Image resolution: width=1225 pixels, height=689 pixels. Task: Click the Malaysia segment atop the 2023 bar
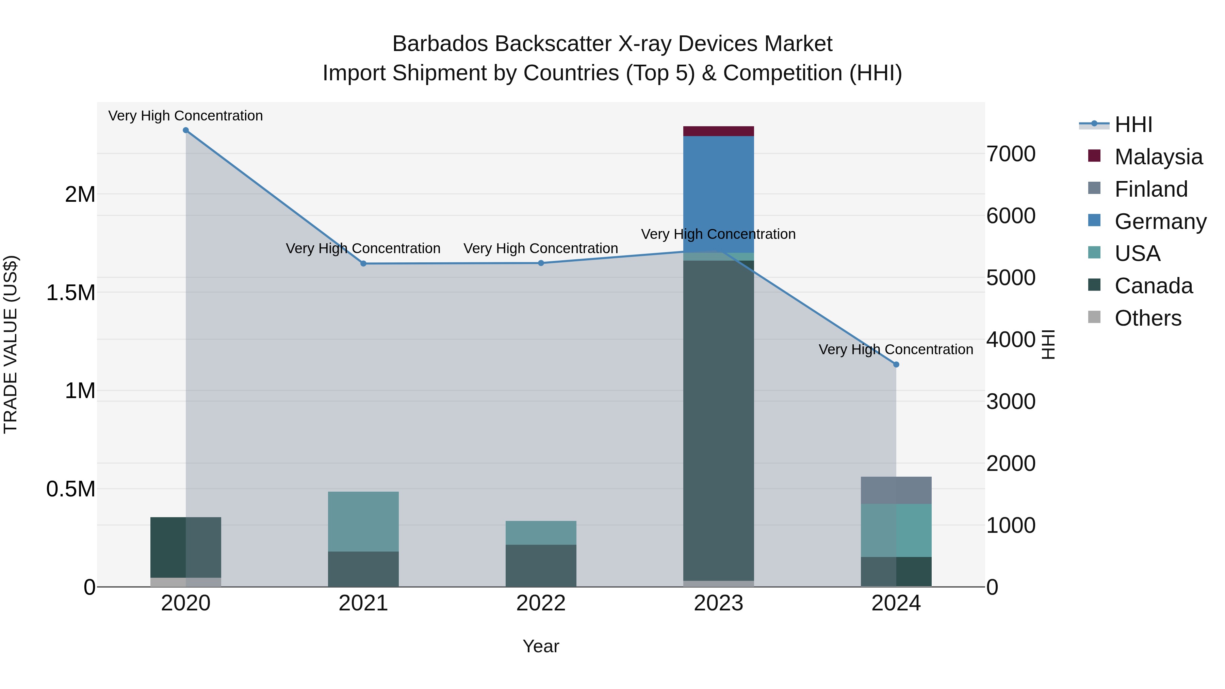click(718, 131)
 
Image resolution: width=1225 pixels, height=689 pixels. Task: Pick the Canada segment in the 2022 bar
click(541, 565)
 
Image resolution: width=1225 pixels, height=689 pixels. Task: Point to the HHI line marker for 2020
click(186, 130)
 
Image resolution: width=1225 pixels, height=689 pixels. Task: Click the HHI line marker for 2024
click(896, 365)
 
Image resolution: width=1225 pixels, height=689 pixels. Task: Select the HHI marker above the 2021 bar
click(363, 263)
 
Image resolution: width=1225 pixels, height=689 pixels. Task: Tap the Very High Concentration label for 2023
click(718, 234)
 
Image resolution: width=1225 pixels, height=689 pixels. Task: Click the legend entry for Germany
click(1160, 222)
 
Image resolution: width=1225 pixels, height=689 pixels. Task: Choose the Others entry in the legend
click(1147, 318)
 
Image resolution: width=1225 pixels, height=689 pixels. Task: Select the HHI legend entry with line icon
click(1133, 125)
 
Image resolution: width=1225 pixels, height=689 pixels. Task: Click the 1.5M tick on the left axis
click(70, 293)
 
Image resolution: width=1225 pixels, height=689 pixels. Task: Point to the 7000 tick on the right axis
click(1011, 154)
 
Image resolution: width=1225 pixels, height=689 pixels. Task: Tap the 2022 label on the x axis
click(541, 603)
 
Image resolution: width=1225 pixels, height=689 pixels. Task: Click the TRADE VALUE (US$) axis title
click(11, 344)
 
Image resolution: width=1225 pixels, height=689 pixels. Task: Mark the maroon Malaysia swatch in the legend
click(1094, 156)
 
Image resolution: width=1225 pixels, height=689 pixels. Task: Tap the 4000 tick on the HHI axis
click(1011, 340)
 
